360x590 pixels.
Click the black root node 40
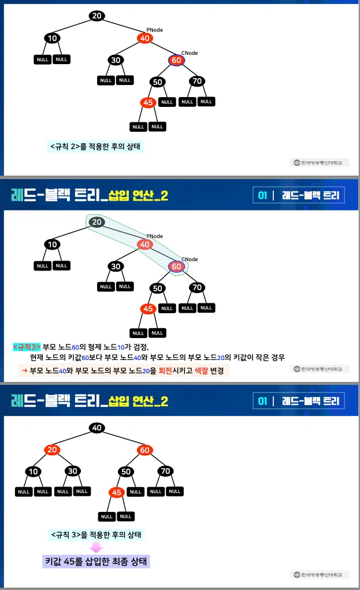[97, 428]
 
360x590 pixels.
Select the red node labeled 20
[53, 450]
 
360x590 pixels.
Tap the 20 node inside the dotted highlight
[97, 222]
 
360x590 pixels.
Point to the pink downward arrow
[97, 547]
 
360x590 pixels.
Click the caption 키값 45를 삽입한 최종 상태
[96, 561]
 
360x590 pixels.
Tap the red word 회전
[165, 370]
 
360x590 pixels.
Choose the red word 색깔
[203, 370]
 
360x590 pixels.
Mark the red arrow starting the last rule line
[24, 370]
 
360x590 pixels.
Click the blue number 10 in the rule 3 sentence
[121, 347]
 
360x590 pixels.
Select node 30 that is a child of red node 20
[72, 471]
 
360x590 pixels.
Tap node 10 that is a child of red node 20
[34, 471]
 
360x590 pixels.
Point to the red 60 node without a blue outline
[144, 450]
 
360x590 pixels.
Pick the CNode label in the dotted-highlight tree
[190, 259]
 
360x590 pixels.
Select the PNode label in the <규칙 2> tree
[154, 29]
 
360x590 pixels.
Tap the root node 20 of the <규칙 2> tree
[97, 16]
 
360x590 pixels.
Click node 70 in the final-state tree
[165, 471]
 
